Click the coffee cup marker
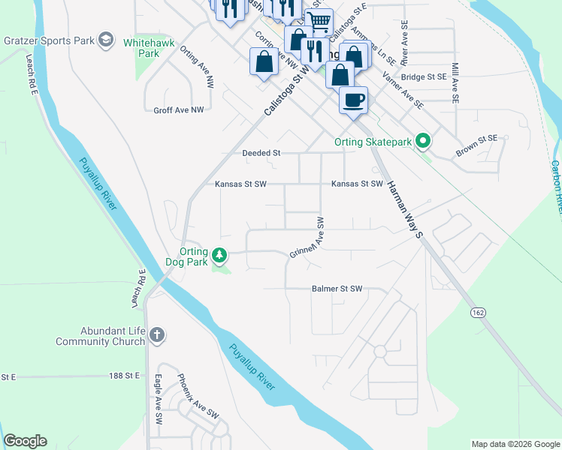tap(353, 99)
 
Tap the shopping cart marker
tap(319, 21)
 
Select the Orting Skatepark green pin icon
tap(423, 140)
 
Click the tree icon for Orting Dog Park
tap(219, 256)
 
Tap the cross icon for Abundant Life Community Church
tap(156, 334)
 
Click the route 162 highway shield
tap(478, 311)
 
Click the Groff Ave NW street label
tap(179, 110)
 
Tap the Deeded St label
tap(261, 153)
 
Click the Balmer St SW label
tap(337, 289)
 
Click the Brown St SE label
tap(476, 148)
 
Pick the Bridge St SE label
tap(425, 76)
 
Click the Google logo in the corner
tap(25, 441)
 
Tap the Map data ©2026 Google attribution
tap(515, 444)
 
